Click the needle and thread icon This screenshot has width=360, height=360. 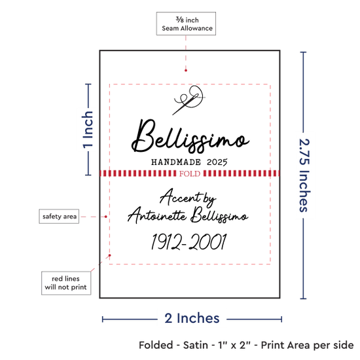click(x=189, y=100)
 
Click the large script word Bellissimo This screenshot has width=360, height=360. click(x=190, y=136)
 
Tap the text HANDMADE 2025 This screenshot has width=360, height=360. click(x=189, y=162)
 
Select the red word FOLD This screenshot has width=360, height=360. click(x=190, y=173)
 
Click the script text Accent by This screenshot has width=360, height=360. click(x=188, y=197)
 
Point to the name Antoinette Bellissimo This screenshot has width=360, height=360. click(x=188, y=215)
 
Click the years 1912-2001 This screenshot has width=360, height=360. click(x=189, y=242)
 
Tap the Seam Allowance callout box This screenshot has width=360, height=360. click(x=186, y=24)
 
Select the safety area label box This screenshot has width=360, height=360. click(x=59, y=216)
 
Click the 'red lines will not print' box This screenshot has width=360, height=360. click(x=66, y=283)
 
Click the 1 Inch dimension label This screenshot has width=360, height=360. click(x=88, y=130)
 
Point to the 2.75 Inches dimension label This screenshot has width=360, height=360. click(x=304, y=175)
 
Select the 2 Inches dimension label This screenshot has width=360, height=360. click(x=192, y=318)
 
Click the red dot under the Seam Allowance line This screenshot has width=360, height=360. click(x=186, y=70)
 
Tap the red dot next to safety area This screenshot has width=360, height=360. click(x=105, y=217)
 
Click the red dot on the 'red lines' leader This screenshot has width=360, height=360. click(x=110, y=255)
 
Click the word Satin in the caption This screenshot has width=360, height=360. click(x=196, y=345)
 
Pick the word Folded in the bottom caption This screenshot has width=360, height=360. click(x=156, y=345)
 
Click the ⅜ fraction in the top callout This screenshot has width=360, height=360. click(x=180, y=20)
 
